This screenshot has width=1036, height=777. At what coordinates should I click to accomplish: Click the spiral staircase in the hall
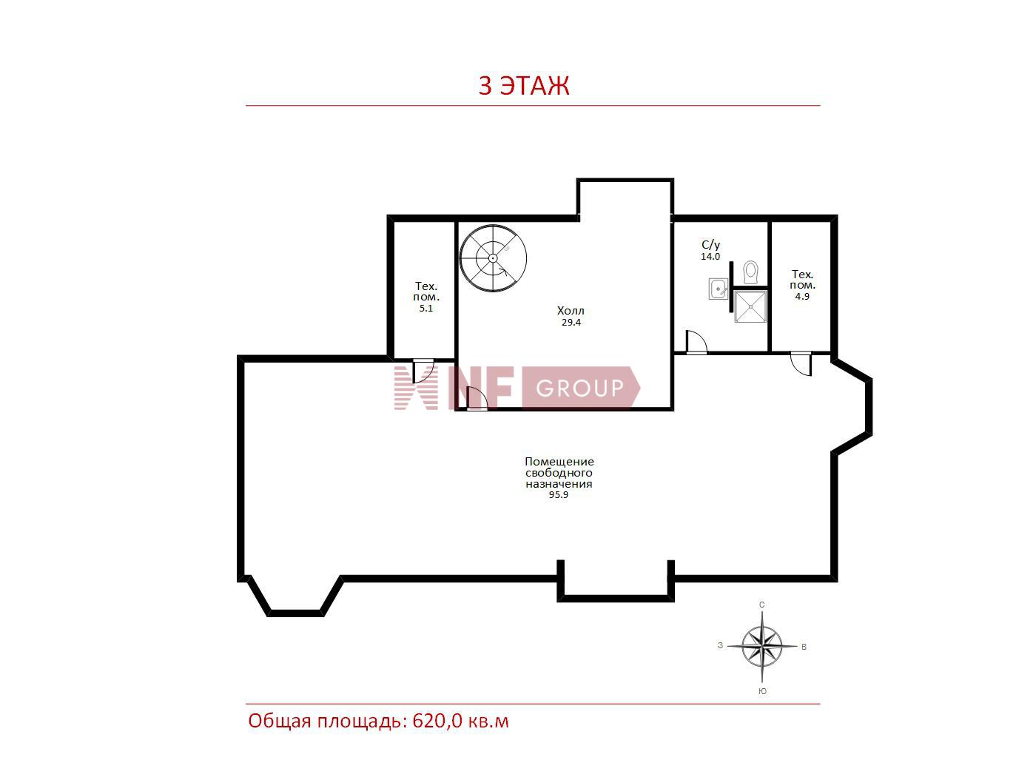493,258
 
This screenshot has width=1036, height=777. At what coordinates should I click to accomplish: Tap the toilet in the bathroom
750,272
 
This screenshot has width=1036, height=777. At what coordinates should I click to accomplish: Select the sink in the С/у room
718,289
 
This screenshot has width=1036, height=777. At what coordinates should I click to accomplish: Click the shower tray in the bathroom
750,306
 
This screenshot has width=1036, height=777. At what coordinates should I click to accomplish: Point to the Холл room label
571,310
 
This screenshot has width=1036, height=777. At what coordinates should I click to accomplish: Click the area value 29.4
571,322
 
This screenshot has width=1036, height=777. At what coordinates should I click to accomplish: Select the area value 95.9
559,495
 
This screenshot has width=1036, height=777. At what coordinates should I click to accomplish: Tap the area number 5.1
425,308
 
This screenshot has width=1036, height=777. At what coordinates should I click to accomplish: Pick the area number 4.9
802,296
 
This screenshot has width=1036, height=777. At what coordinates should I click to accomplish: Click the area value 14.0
710,257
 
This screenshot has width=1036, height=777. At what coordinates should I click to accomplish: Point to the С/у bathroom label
711,245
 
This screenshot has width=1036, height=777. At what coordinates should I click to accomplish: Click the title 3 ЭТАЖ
524,85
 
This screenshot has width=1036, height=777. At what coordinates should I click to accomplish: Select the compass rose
761,646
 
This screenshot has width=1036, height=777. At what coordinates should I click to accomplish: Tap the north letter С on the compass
761,605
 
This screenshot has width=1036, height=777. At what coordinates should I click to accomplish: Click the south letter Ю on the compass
762,691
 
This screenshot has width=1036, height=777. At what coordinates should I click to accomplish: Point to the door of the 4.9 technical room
801,364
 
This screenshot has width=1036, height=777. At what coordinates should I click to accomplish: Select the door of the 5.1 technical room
423,371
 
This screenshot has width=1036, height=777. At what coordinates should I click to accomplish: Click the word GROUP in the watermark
579,388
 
